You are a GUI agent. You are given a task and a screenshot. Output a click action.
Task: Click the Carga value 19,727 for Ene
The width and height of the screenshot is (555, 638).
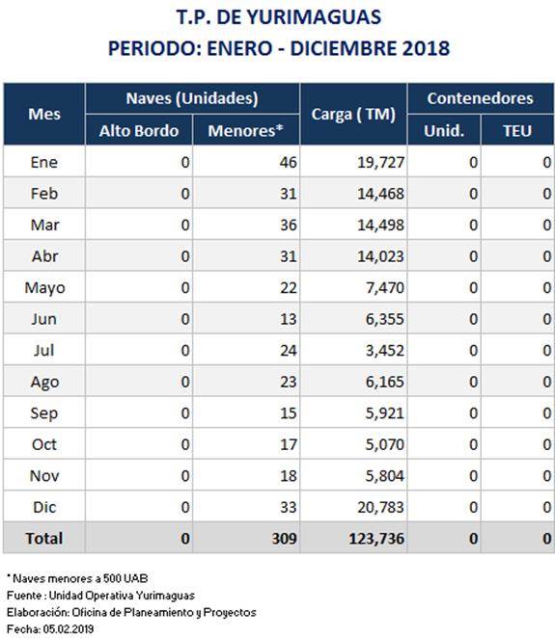click(x=380, y=162)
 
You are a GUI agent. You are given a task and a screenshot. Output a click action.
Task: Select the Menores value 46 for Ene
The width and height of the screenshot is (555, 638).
click(x=288, y=162)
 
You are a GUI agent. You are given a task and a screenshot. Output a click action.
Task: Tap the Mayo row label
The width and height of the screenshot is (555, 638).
click(x=44, y=288)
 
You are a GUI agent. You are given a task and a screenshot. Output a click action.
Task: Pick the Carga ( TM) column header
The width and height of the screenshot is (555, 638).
click(x=353, y=115)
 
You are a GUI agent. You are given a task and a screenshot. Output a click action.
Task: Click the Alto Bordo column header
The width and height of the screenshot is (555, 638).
click(x=139, y=131)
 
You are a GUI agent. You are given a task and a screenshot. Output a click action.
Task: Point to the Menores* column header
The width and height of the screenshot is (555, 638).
click(x=245, y=131)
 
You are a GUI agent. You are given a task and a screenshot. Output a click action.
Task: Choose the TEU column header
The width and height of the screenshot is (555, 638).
click(x=517, y=131)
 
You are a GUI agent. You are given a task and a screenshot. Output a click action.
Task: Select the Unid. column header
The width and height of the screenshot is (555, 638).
click(x=444, y=131)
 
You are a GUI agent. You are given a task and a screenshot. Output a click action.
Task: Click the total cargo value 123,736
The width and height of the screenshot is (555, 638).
click(x=376, y=539)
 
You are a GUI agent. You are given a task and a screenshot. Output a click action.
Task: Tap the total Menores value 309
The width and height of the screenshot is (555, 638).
click(x=284, y=539)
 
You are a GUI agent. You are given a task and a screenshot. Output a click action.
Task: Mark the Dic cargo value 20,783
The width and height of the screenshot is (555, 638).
click(x=380, y=507)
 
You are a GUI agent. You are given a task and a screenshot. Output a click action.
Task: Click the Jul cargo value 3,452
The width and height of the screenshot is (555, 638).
click(x=385, y=351)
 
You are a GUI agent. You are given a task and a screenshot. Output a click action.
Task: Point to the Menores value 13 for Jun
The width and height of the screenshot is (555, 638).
click(x=288, y=319)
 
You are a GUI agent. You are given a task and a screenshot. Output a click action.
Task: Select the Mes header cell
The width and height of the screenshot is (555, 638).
click(x=44, y=114)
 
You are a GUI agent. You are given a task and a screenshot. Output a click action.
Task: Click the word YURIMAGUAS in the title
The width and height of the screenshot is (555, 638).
click(x=314, y=17)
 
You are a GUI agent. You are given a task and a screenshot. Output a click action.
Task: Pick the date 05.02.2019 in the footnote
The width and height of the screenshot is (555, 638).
click(x=69, y=628)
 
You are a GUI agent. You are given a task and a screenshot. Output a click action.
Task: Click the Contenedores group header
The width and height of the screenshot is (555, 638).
click(x=481, y=98)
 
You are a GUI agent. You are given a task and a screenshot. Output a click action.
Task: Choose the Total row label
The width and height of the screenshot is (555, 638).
click(x=44, y=539)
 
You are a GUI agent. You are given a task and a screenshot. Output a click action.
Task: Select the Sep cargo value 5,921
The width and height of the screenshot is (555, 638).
click(x=385, y=413)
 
